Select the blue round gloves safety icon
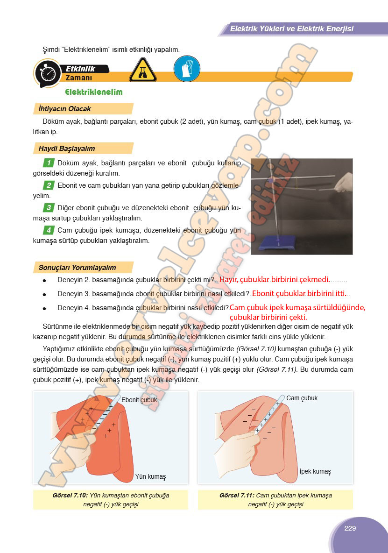coord(187,69)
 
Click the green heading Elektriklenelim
coord(94,92)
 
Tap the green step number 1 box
coord(48,163)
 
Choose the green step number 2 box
coord(48,185)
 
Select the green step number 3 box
coord(48,207)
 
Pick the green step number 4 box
coord(48,230)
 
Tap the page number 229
coord(350,528)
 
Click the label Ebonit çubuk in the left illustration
coord(139,400)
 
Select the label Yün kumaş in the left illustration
coord(150,476)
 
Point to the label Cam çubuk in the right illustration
coord(302,398)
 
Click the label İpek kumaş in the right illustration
coord(315,471)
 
